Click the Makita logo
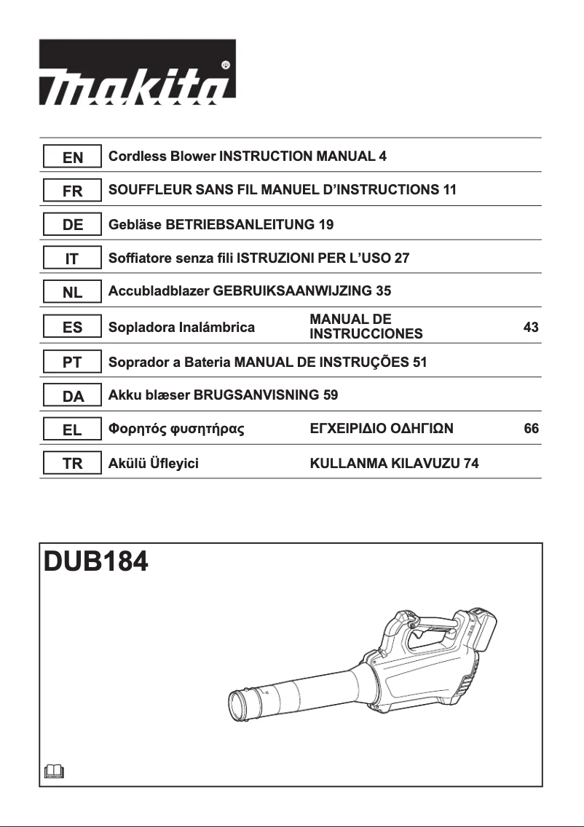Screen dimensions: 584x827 coord(137,71)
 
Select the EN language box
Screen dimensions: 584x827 coord(71,157)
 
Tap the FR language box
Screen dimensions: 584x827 coord(71,191)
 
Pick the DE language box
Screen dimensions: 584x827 coord(71,225)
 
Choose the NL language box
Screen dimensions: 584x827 coord(71,293)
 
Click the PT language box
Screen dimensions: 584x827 coord(71,362)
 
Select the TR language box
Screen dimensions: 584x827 coord(71,464)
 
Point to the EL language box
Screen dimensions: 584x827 coord(71,430)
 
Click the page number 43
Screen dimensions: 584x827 coord(531,328)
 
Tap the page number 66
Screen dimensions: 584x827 coord(531,430)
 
